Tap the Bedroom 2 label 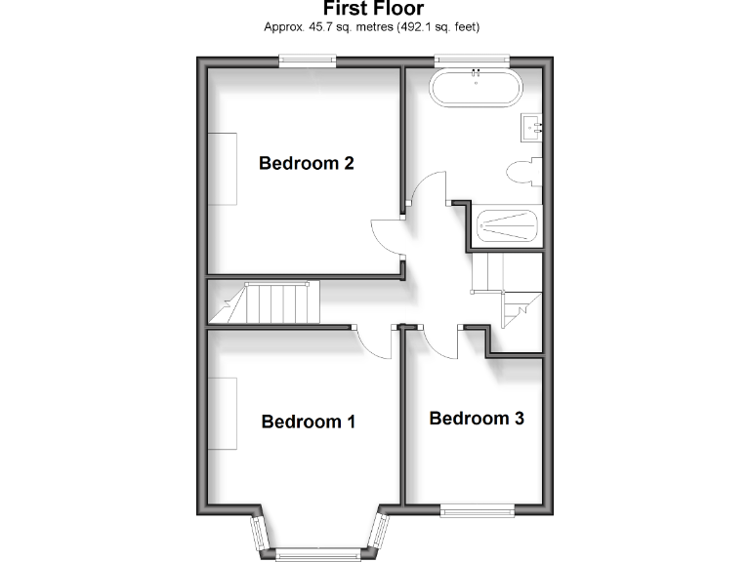pos(306,163)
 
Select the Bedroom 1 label pos(308,421)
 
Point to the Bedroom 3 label pos(477,419)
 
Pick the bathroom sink pos(531,126)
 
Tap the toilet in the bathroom pos(522,170)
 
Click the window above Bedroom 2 pos(308,61)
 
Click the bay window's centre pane pos(318,553)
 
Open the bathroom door pos(427,189)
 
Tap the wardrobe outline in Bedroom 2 pos(222,167)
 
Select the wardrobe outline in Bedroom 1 pos(222,414)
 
